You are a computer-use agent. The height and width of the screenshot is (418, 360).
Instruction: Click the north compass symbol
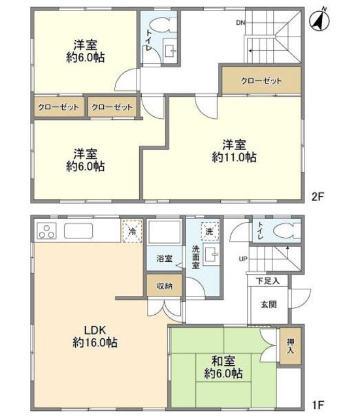319,20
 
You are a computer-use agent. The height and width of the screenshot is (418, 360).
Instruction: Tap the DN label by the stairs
240,23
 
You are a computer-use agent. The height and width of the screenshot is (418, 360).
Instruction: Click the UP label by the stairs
243,259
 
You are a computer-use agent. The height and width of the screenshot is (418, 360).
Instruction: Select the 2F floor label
318,197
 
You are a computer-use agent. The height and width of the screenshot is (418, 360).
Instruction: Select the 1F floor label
318,406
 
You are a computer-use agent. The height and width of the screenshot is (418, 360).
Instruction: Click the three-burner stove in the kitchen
47,231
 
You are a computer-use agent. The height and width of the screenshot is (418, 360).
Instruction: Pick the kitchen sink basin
78,231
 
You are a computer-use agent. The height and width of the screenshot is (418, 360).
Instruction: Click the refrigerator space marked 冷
132,231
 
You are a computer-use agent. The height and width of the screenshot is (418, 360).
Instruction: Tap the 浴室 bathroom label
164,259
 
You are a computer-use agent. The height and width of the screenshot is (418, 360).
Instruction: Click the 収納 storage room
164,285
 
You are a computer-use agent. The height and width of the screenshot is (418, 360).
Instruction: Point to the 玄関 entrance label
269,304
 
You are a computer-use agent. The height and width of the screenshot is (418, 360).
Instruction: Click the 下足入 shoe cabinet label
267,281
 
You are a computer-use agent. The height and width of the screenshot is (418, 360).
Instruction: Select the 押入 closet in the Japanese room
290,346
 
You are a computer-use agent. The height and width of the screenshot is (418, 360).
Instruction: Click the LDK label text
95,330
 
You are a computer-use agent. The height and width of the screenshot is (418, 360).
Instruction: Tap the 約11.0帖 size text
234,157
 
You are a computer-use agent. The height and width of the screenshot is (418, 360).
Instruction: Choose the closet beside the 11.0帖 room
261,80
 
